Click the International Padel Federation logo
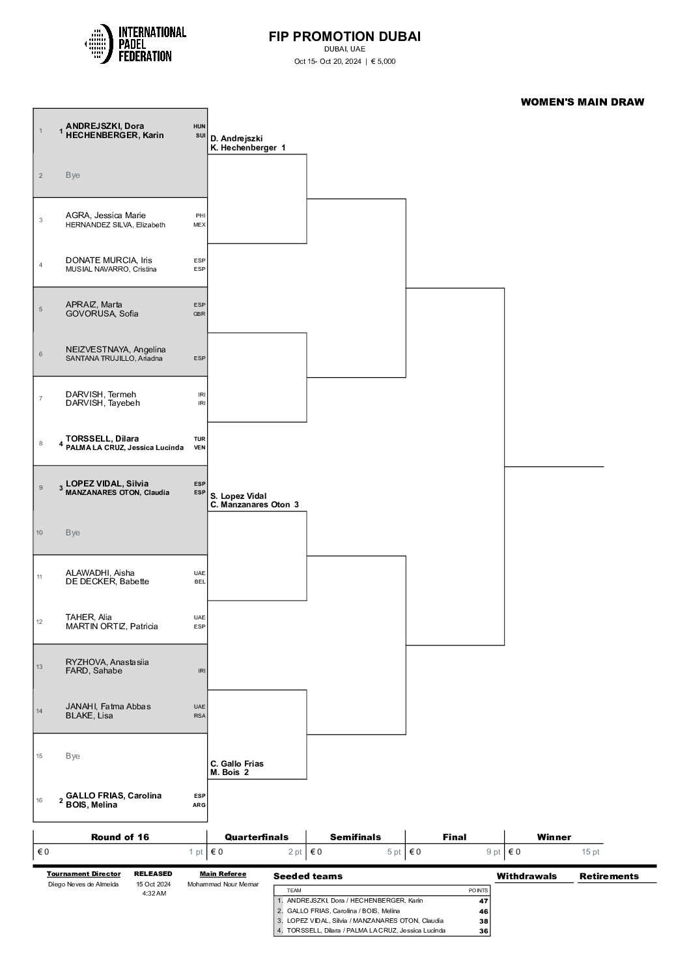pyautogui.click(x=135, y=44)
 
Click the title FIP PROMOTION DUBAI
pyautogui.click(x=344, y=36)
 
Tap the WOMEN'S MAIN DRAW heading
pyautogui.click(x=582, y=102)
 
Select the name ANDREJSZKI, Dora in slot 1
pyautogui.click(x=105, y=126)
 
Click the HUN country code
pyautogui.click(x=199, y=126)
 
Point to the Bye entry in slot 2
pyautogui.click(x=73, y=175)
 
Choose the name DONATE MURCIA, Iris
pyautogui.click(x=109, y=261)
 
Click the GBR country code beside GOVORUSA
pyautogui.click(x=199, y=314)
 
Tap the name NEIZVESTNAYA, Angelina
pyautogui.click(x=116, y=350)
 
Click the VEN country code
pyautogui.click(x=199, y=448)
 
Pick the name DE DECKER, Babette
pyautogui.click(x=107, y=582)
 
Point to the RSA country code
pyautogui.click(x=200, y=716)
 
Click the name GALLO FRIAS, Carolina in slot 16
pyautogui.click(x=113, y=796)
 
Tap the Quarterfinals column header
pyautogui.click(x=257, y=837)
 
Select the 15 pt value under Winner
pyautogui.click(x=590, y=852)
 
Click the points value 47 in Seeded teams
pyautogui.click(x=484, y=901)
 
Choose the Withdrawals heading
pyautogui.click(x=527, y=876)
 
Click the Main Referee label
pyautogui.click(x=223, y=873)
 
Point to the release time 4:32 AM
pyautogui.click(x=154, y=894)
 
